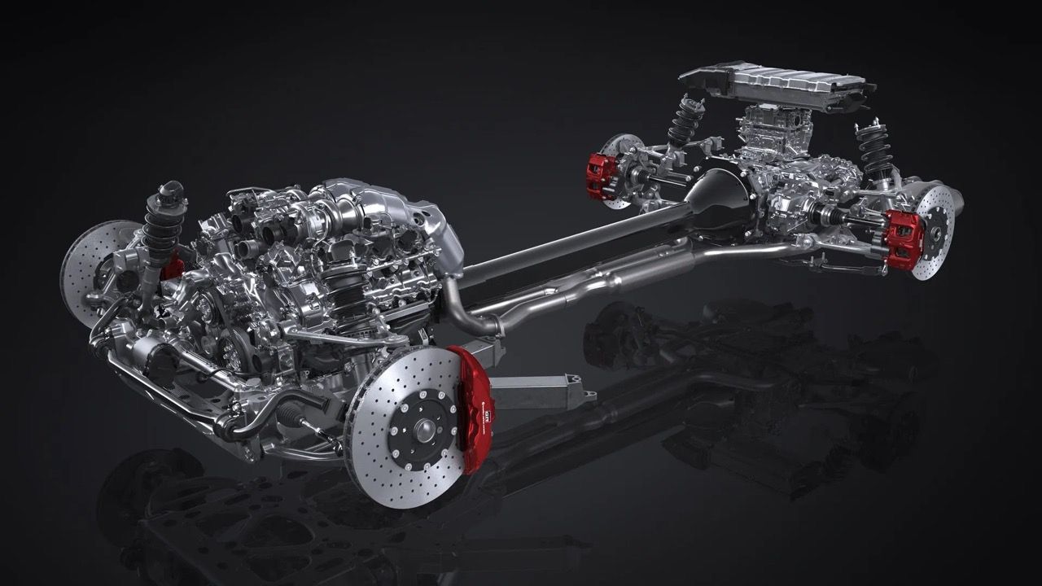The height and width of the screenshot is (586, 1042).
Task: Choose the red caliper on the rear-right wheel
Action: tap(904, 238)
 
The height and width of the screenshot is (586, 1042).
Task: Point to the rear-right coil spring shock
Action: tap(875, 155)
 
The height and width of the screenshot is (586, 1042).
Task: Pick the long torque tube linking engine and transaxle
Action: tap(570, 244)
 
